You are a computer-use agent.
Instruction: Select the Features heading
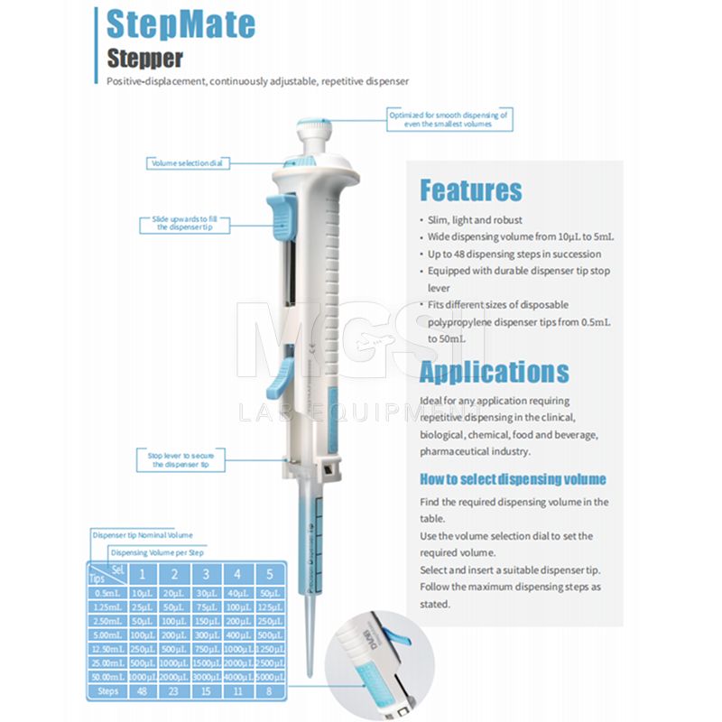click(470, 190)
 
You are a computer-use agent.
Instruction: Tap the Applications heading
click(494, 372)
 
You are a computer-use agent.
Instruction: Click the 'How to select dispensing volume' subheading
click(513, 479)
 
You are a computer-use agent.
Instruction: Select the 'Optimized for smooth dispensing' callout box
click(449, 119)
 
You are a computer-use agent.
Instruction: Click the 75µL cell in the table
click(206, 609)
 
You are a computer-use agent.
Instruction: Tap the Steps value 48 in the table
click(142, 692)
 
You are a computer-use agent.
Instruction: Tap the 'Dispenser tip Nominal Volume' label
click(142, 535)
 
